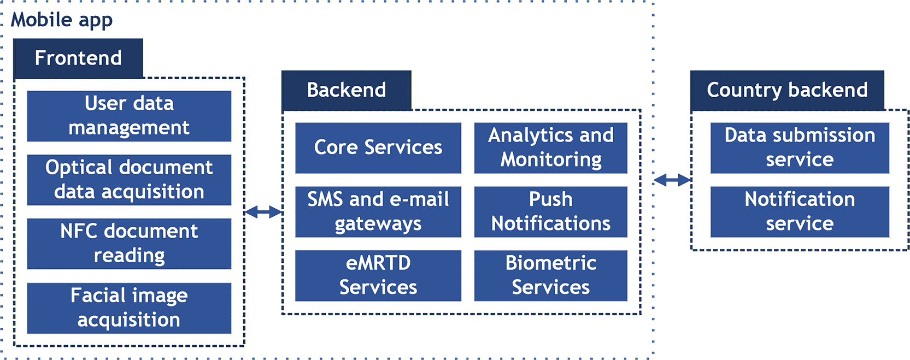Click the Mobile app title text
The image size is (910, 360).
[x=62, y=20]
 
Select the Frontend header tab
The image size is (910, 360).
[x=78, y=58]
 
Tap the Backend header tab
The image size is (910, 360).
[x=347, y=90]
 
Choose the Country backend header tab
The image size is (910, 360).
[x=788, y=90]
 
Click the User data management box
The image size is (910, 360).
[x=129, y=116]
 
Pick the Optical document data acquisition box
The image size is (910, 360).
[x=129, y=180]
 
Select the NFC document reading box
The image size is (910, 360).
[x=129, y=244]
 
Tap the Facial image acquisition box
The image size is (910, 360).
[x=129, y=308]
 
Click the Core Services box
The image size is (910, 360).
[x=378, y=148]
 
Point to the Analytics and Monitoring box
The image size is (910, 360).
[x=551, y=148]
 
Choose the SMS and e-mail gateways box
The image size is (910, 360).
[x=378, y=212]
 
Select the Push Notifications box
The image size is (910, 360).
[x=551, y=212]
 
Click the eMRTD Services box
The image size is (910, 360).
[x=378, y=275]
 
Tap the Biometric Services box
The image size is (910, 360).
[x=551, y=275]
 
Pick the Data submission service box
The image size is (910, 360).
[x=800, y=148]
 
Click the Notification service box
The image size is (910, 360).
[x=800, y=212]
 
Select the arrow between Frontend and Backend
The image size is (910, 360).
[x=263, y=212]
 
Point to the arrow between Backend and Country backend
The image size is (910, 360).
[x=672, y=180]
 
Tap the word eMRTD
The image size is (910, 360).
[x=378, y=263]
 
